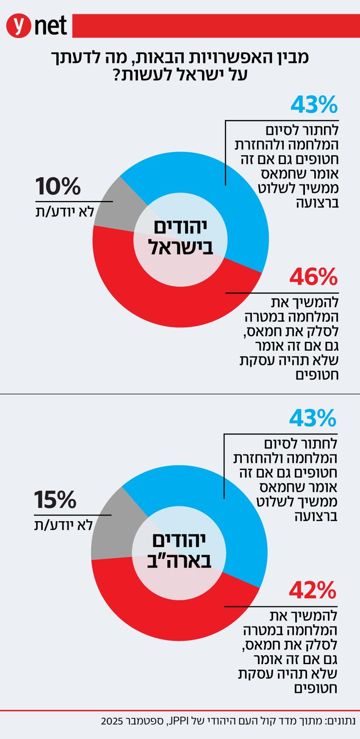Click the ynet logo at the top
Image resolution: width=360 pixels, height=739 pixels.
tap(36, 26)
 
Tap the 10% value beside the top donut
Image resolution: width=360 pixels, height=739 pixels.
tap(57, 187)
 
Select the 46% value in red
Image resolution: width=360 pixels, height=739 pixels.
tap(313, 278)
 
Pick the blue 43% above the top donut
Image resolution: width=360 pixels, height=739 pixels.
tap(314, 105)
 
